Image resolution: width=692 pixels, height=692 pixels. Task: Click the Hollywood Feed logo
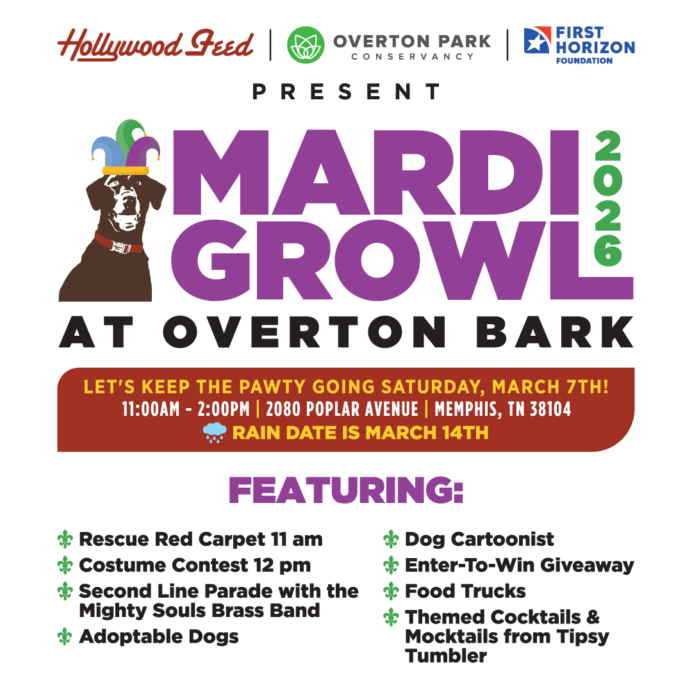coord(155,45)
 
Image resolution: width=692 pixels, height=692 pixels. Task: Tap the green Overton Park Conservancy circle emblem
coord(306,45)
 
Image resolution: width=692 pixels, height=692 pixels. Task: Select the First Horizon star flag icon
coord(537,40)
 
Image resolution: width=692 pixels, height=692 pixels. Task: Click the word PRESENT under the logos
coord(346,92)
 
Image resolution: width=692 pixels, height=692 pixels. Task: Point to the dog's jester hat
coord(126,147)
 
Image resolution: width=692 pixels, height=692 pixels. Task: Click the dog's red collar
coord(119,243)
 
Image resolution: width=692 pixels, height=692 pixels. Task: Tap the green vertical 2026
coord(607,198)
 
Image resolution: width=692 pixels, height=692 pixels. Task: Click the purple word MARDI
coord(375,172)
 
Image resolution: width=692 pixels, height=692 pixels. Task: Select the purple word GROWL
coord(402,259)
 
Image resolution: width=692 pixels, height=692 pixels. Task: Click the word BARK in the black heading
coord(555,333)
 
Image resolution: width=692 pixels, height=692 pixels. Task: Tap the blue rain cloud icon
coord(215,432)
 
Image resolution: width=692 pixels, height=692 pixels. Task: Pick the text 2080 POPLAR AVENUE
coord(342,409)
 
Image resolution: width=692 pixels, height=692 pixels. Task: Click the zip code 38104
coord(550,409)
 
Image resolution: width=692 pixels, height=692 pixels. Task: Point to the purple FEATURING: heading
coord(346,490)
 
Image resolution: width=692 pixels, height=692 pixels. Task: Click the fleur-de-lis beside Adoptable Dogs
coord(65,637)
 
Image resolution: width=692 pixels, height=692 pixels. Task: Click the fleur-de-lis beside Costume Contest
coord(65,565)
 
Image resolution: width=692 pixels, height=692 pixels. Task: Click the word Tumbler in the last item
coord(446,656)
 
